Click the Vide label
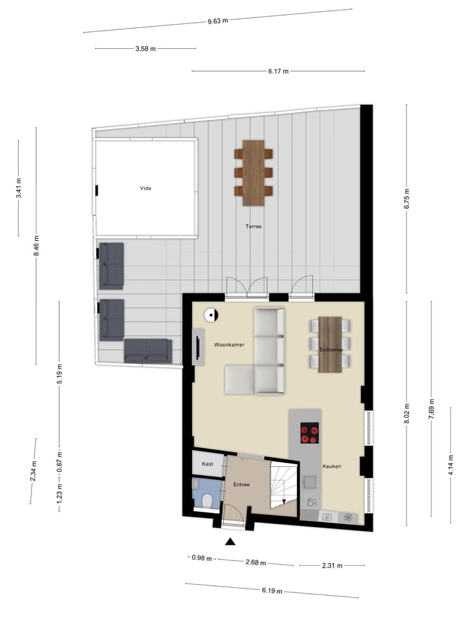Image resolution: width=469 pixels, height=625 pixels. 145,189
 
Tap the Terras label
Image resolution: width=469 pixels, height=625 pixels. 253,227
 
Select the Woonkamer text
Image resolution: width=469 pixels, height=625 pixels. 229,345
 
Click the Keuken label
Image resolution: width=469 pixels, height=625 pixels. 332,466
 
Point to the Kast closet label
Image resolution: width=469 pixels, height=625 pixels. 208,464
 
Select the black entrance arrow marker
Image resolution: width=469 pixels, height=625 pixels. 231,542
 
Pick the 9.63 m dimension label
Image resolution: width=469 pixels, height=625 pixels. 218,21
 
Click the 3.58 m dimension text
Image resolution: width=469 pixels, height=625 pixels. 145,48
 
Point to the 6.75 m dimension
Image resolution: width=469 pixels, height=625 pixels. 407,195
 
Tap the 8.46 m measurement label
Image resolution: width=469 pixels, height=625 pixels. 36,245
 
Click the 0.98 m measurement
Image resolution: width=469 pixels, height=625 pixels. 202,557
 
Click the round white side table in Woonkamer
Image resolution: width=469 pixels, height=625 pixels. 211,315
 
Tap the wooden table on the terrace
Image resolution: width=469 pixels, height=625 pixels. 253,173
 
